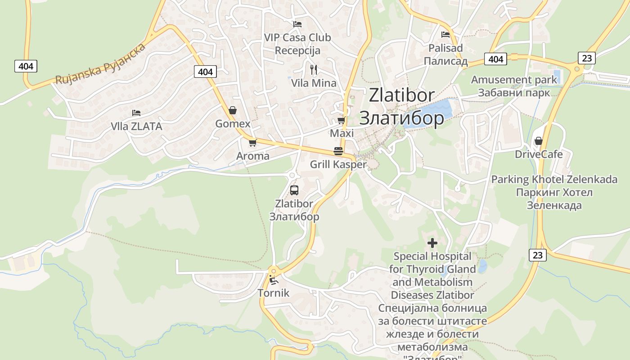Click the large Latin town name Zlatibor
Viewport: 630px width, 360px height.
click(402, 95)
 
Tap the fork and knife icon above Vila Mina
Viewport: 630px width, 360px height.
click(314, 69)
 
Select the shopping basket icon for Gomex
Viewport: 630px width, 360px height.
click(233, 110)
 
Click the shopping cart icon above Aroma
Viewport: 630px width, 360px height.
click(252, 143)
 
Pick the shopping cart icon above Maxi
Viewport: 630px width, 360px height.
click(342, 120)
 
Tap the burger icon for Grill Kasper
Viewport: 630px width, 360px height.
click(338, 151)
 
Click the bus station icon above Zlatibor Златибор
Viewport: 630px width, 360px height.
click(294, 190)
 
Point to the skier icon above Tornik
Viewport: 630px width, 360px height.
click(273, 280)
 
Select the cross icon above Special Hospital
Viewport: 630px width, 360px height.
click(432, 243)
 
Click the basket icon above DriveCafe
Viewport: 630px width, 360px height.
click(539, 141)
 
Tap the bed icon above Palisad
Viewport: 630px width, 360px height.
click(445, 34)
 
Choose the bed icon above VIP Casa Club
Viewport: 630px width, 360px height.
click(297, 24)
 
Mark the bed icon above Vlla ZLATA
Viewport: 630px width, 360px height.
click(136, 113)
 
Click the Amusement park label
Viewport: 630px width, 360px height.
click(514, 80)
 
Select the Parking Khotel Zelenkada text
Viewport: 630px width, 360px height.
click(554, 180)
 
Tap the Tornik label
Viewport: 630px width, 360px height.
click(274, 293)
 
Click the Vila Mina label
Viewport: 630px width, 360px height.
click(314, 83)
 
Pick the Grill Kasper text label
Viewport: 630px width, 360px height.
click(338, 165)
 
